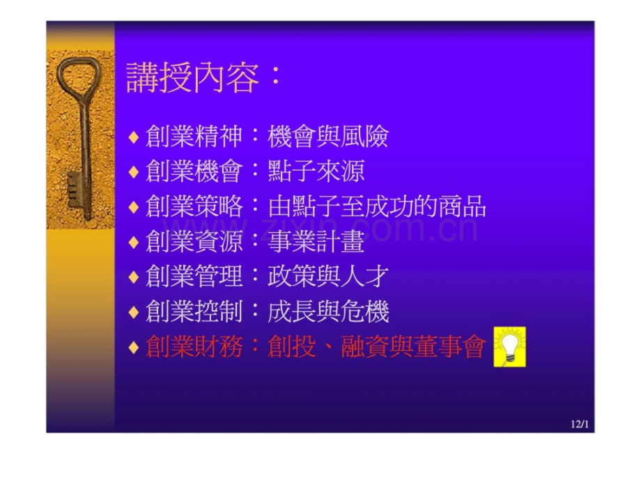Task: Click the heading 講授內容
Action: [x=192, y=77]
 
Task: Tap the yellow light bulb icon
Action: [x=509, y=347]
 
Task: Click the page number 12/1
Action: [x=580, y=424]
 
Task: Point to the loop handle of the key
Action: [x=77, y=77]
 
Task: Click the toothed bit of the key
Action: [x=76, y=190]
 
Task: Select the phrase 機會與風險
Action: [x=328, y=137]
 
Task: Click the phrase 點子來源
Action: [x=316, y=171]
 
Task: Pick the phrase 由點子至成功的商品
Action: [x=377, y=206]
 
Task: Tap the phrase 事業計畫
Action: [x=316, y=241]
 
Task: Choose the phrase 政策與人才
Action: [x=328, y=276]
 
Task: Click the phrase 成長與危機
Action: [x=328, y=312]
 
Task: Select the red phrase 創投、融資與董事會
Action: [x=377, y=346]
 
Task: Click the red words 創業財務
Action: [x=194, y=346]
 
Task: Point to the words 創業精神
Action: [x=194, y=137]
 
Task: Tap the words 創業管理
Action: [x=194, y=276]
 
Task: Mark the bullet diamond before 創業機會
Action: [x=134, y=171]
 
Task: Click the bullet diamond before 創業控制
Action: [x=134, y=312]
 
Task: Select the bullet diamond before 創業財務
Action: [x=134, y=347]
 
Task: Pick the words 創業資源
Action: [x=194, y=241]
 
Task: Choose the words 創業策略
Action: [x=194, y=206]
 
